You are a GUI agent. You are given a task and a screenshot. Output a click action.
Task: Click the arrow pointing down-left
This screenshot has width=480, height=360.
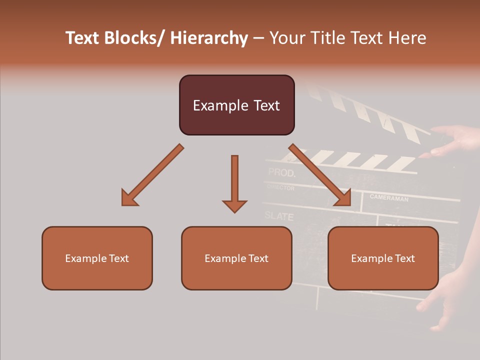point(150,176)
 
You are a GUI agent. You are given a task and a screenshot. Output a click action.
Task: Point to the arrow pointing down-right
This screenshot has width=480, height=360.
point(320,175)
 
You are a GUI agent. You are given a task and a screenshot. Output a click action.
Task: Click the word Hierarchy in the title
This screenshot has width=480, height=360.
point(209,38)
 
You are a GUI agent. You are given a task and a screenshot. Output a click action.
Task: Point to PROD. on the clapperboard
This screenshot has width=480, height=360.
point(282,173)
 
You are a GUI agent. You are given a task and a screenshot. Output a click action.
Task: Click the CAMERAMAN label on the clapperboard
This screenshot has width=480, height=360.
point(389,198)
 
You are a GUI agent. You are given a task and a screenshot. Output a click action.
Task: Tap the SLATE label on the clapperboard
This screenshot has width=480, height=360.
point(278,216)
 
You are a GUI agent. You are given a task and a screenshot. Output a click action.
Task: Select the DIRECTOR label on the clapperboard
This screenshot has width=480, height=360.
point(280,187)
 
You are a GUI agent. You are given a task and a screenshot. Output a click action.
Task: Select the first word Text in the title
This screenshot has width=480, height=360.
point(83,38)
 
